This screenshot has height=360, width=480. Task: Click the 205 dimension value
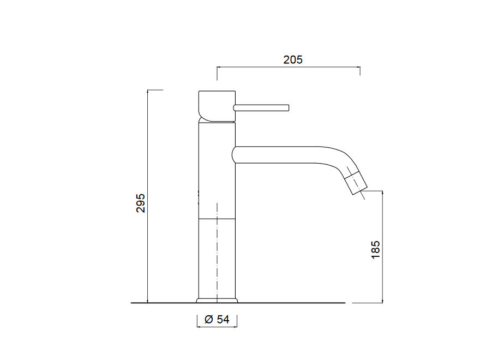click(x=293, y=59)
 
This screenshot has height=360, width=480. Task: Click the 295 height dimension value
click(x=141, y=203)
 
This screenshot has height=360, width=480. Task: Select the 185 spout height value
click(x=376, y=250)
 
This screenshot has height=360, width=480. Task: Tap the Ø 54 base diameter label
click(x=217, y=319)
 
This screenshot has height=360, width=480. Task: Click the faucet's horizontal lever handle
click(x=261, y=108)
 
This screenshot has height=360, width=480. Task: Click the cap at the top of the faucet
click(x=217, y=106)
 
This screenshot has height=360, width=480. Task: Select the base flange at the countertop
click(x=217, y=301)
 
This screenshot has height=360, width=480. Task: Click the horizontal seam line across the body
click(x=217, y=219)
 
